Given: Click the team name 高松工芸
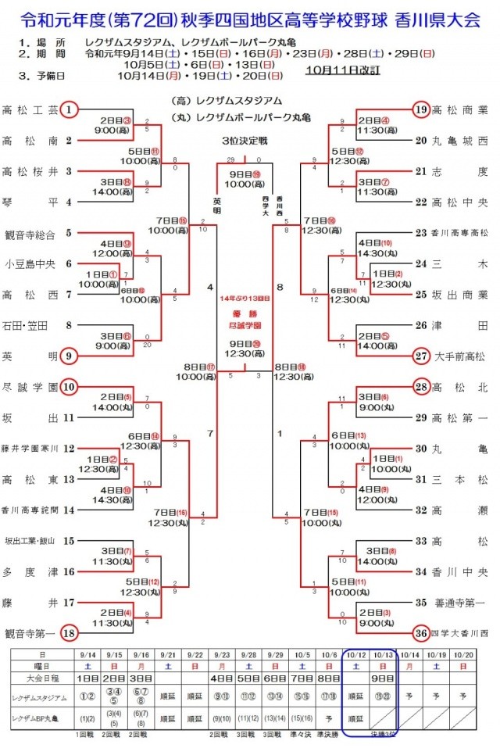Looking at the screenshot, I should pyautogui.click(x=30, y=110).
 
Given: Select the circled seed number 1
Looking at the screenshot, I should pyautogui.click(x=70, y=110).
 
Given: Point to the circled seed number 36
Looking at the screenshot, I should pyautogui.click(x=421, y=632).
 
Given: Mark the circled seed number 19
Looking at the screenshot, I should pyautogui.click(x=421, y=110).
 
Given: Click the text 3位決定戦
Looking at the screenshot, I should pyautogui.click(x=245, y=141).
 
